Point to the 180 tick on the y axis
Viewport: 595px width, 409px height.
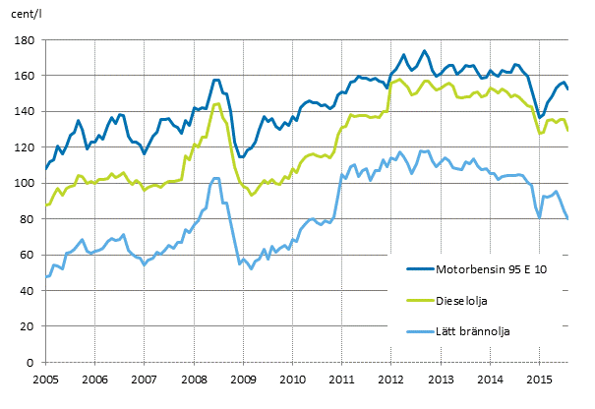[x=26, y=40]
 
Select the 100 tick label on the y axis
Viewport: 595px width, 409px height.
[x=26, y=184]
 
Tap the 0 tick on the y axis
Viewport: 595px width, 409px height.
[x=31, y=363]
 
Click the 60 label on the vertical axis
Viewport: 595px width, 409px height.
[x=29, y=256]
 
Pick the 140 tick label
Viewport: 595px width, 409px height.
[x=26, y=112]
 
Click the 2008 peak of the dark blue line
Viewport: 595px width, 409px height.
[x=216, y=80]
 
